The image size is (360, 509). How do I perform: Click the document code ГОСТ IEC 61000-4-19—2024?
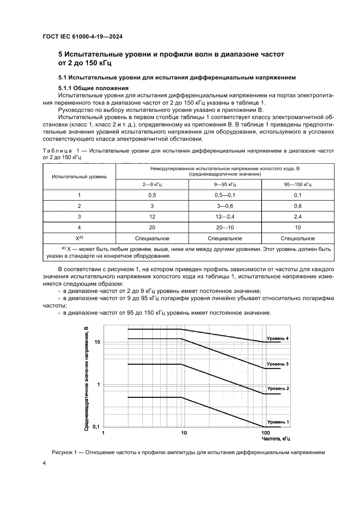tap(82, 37)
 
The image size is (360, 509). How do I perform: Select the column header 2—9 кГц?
tap(152, 185)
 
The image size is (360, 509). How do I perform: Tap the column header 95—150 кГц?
tap(298, 185)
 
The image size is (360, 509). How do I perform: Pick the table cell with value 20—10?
tap(225, 228)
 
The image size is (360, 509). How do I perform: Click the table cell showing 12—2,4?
tap(225, 217)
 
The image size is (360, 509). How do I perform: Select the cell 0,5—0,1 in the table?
tap(225, 195)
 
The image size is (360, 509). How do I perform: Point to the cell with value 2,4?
tap(298, 217)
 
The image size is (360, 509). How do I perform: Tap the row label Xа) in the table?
tap(79, 239)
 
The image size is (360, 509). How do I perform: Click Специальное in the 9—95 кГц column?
tap(225, 239)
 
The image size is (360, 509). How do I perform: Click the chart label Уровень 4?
tap(278, 338)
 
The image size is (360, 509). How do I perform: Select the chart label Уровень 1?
tap(278, 422)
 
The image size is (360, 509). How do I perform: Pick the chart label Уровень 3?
tap(278, 364)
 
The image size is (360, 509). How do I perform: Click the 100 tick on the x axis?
tap(265, 433)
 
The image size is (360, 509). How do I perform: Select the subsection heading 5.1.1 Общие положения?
tap(86, 88)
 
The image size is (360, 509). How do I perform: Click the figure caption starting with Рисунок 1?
tap(188, 452)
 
